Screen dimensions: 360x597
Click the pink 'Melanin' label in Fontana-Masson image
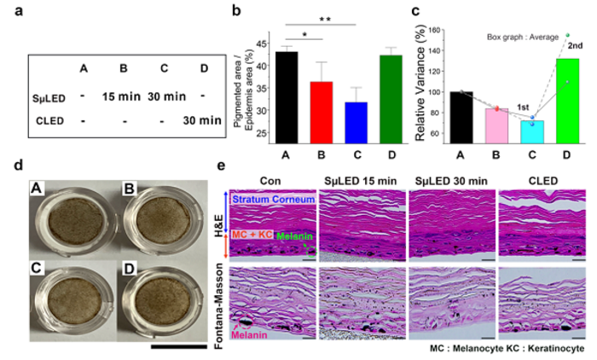point(244,335)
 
